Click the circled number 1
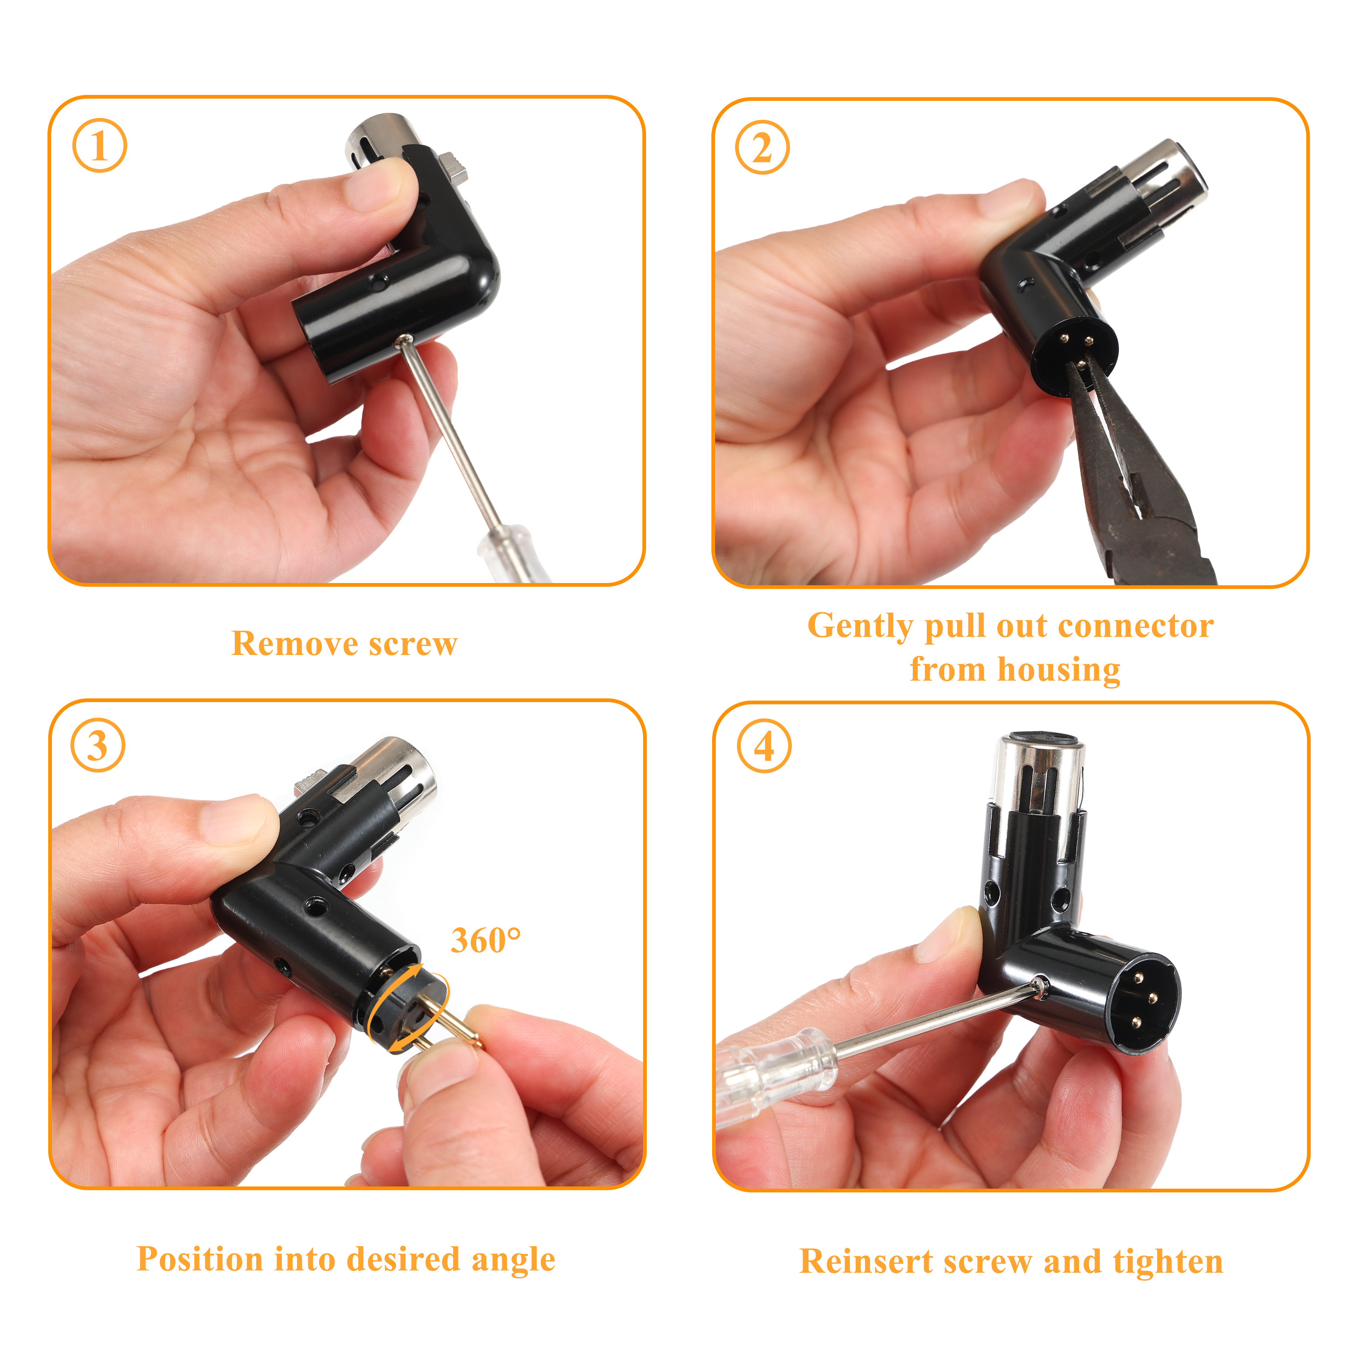click(99, 146)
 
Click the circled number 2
click(762, 148)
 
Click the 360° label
click(485, 941)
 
